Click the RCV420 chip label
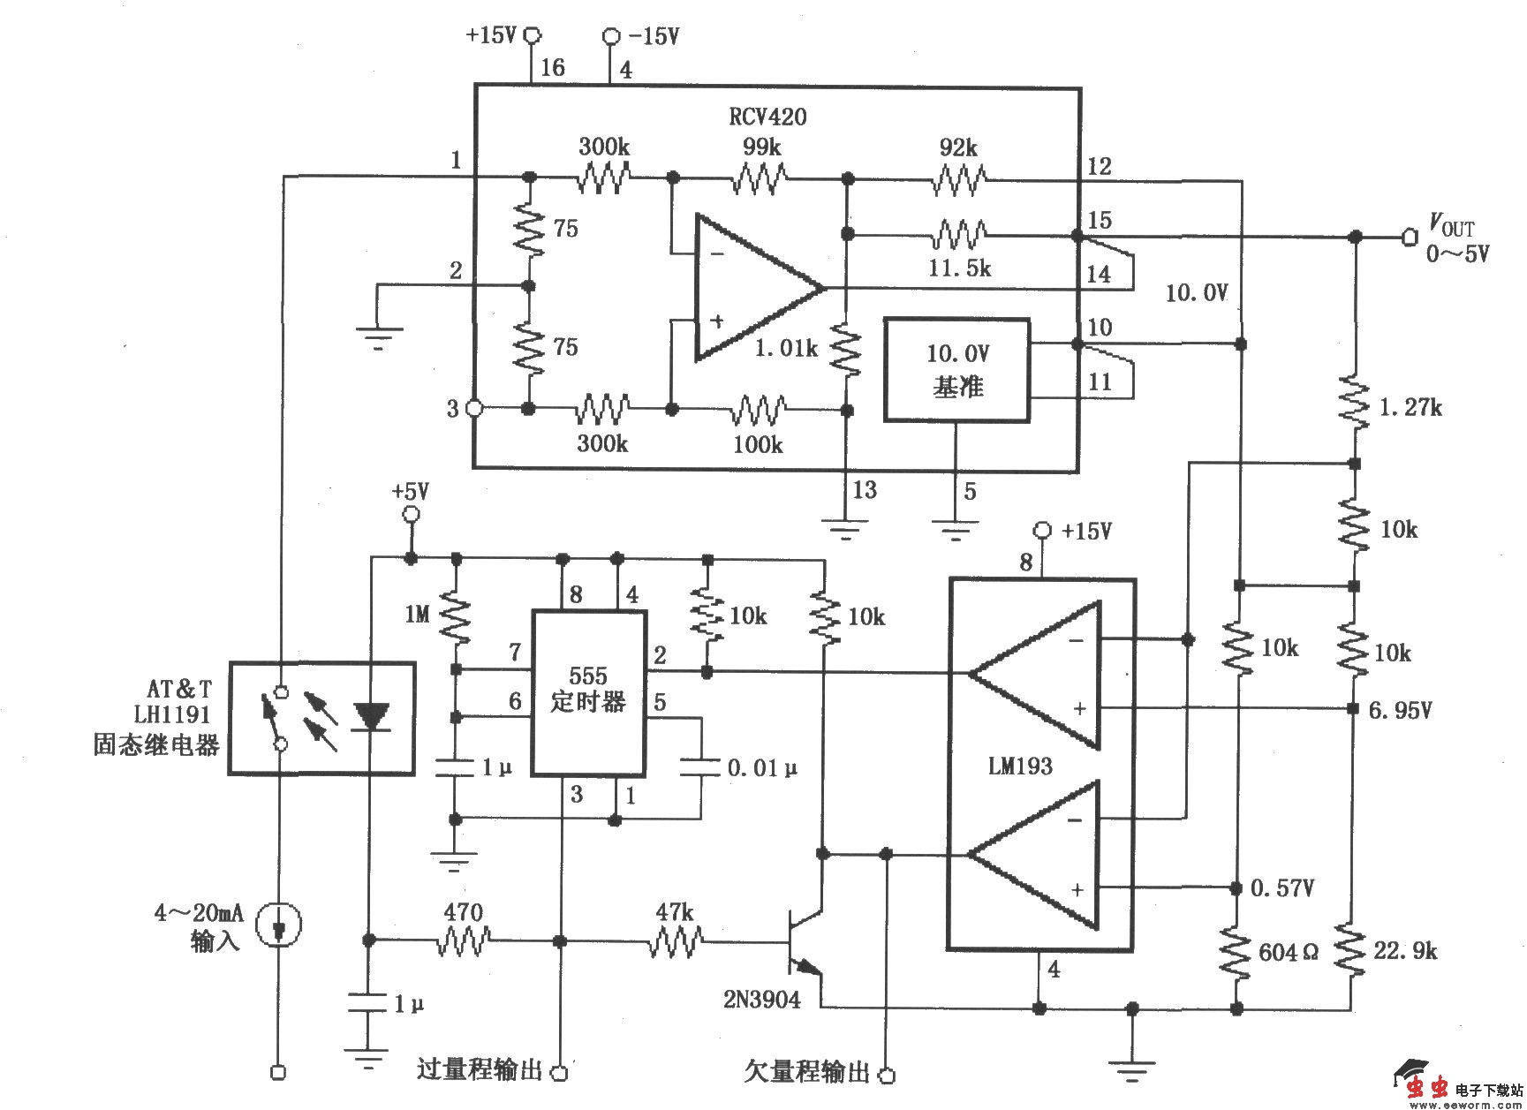pos(767,116)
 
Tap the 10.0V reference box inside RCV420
pos(957,370)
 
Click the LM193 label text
pos(1020,766)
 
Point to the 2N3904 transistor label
pos(761,999)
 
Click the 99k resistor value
pos(760,147)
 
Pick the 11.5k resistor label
pos(959,268)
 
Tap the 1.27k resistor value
pos(1410,407)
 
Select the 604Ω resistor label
pos(1288,952)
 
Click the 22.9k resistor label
pos(1405,950)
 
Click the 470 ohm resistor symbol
pos(463,941)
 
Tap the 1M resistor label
pos(417,613)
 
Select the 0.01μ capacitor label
pos(761,768)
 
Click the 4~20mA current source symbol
pos(278,925)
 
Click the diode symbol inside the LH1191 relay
pos(370,716)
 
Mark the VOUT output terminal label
pos(1452,226)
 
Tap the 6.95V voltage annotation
pos(1400,709)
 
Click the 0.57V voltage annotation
pos(1281,887)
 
